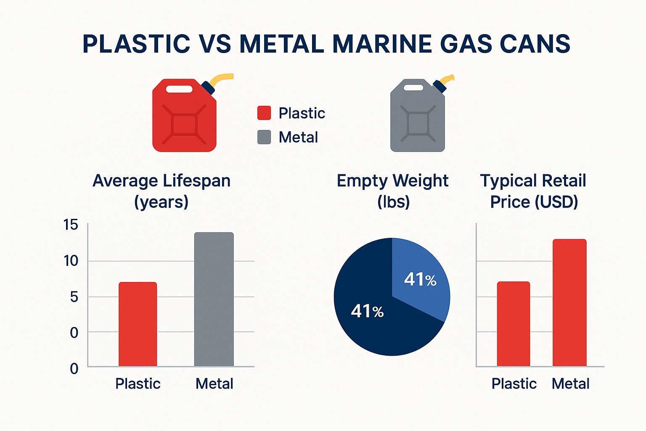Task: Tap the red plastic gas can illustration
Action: pos(184,118)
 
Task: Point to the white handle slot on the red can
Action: pos(179,89)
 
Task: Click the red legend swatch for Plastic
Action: pos(264,113)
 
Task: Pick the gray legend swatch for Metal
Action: pos(264,137)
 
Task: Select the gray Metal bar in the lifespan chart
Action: pos(214,299)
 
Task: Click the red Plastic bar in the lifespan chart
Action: pos(138,324)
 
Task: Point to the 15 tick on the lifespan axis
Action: pos(71,225)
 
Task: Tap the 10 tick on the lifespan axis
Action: pos(71,261)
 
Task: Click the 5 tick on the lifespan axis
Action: pos(74,297)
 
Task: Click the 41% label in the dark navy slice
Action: pos(367,311)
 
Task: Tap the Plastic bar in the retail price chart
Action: pos(513,324)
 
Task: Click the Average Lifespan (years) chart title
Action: pos(161,191)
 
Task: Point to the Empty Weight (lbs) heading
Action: pos(392,191)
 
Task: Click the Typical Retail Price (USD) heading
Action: pos(533,191)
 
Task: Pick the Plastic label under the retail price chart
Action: pos(514,384)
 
